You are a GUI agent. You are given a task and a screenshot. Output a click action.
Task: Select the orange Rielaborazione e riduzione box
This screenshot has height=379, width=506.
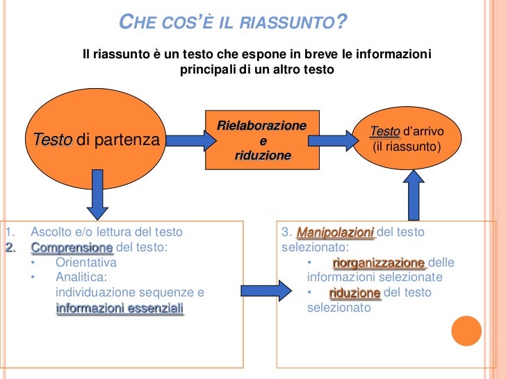click(x=262, y=140)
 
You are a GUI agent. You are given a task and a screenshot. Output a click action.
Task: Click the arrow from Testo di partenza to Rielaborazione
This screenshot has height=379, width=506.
click(x=183, y=140)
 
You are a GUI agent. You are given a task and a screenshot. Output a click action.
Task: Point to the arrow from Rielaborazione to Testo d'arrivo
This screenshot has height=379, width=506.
click(x=332, y=140)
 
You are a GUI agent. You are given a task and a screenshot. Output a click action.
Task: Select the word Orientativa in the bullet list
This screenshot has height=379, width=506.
click(x=86, y=263)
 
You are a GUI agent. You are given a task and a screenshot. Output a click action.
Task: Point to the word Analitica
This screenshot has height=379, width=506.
click(x=81, y=278)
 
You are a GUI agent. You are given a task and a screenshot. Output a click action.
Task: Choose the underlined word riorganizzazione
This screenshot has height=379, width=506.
click(x=379, y=263)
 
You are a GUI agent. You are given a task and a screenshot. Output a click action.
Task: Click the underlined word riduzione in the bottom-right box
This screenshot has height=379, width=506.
click(x=354, y=293)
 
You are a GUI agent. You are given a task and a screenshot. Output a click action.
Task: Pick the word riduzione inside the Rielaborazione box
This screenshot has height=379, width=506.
click(x=262, y=155)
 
